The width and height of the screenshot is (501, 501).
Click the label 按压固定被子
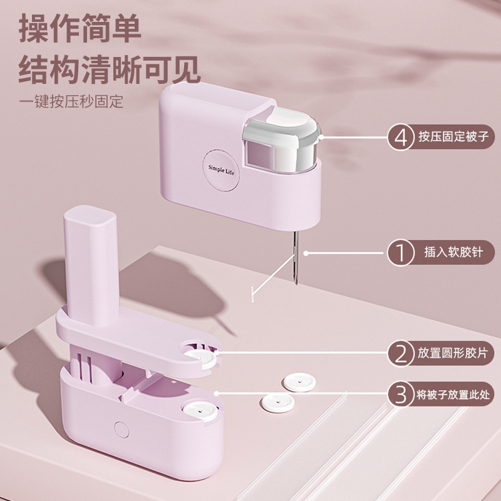click(453, 137)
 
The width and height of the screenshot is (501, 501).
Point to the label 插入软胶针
click(453, 252)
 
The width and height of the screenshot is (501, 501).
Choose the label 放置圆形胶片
click(453, 354)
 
